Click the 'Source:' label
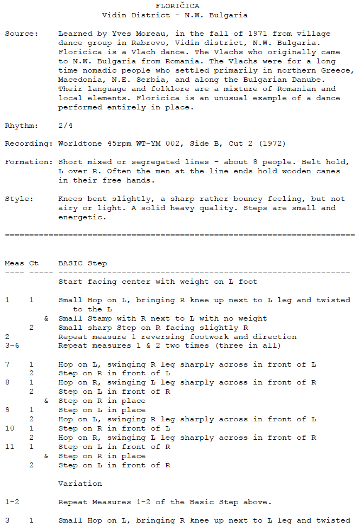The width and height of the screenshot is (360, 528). coord(21,34)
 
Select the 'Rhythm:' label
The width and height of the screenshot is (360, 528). coord(21,126)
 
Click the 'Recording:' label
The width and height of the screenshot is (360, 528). coord(28,144)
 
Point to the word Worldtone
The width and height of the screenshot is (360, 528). coord(78,144)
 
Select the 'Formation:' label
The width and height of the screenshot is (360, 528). coord(28,162)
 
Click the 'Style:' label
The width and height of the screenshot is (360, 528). coord(19,199)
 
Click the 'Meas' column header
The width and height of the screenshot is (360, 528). coord(14,263)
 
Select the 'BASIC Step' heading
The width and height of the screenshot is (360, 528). coord(83,263)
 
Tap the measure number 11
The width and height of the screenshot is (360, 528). coord(9,447)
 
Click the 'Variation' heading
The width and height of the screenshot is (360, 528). coord(80,483)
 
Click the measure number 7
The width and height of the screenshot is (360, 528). coord(7,364)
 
